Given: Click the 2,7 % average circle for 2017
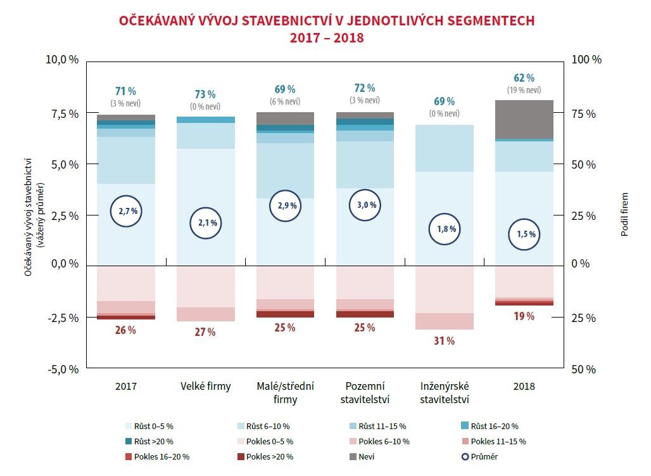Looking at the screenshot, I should pyautogui.click(x=126, y=211).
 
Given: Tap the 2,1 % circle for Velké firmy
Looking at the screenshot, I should pyautogui.click(x=206, y=222).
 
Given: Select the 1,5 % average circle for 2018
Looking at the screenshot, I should pyautogui.click(x=525, y=234).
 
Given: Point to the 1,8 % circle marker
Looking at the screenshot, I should pyautogui.click(x=445, y=229).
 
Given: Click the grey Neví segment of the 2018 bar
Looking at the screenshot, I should pyautogui.click(x=524, y=119).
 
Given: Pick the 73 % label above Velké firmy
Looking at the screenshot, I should pyautogui.click(x=205, y=94).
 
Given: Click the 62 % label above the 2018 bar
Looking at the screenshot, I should pyautogui.click(x=524, y=78).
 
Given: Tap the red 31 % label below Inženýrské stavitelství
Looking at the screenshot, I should pyautogui.click(x=444, y=341).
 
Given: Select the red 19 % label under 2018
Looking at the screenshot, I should pyautogui.click(x=524, y=316).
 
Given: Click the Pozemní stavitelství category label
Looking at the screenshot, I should pyautogui.click(x=365, y=392).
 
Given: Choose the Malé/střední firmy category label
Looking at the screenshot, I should pyautogui.click(x=285, y=392).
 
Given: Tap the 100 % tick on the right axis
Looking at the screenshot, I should pyautogui.click(x=586, y=60).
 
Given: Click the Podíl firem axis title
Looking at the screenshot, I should pyautogui.click(x=624, y=214).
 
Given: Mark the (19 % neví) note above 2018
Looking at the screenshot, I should pyautogui.click(x=524, y=91).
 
